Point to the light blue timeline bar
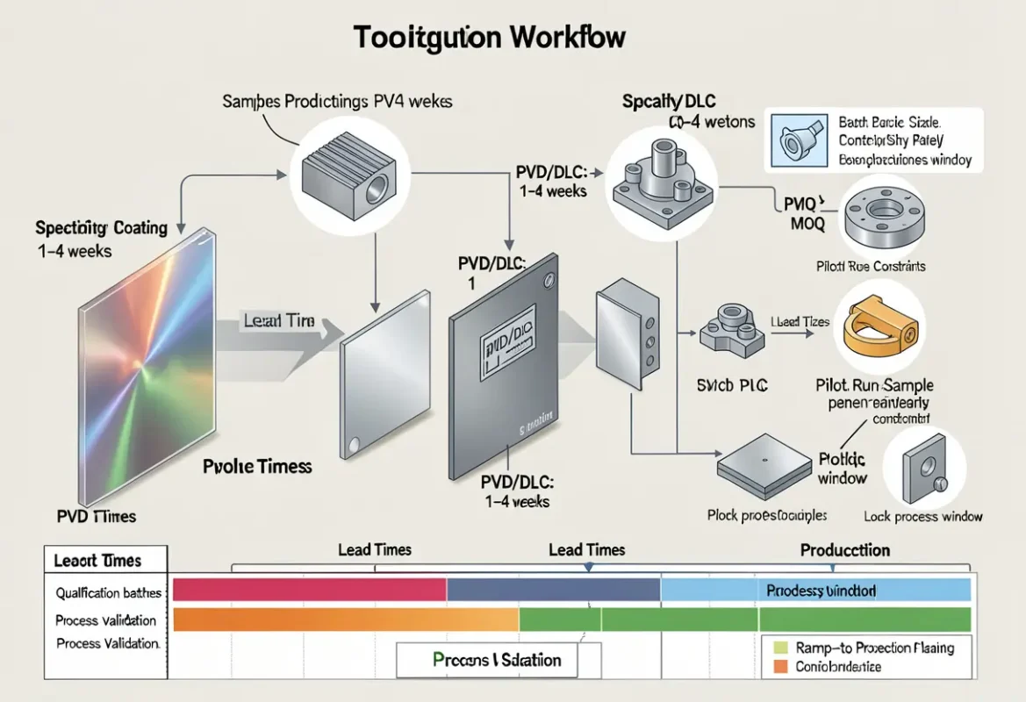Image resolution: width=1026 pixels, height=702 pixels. [815, 590]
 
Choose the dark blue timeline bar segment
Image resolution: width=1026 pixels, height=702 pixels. [553, 589]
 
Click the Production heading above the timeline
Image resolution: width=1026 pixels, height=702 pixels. [844, 551]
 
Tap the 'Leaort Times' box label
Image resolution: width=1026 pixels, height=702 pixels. [97, 560]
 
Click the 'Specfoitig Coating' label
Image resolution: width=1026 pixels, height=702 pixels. [101, 228]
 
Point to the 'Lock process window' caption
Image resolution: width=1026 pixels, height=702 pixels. [923, 517]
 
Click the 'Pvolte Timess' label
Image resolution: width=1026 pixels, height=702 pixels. [257, 467]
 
